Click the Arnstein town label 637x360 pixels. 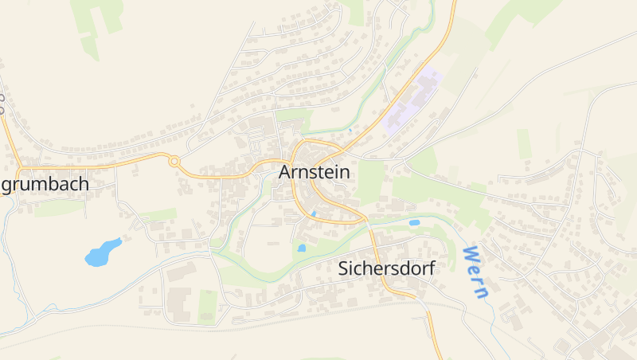click(x=314, y=171)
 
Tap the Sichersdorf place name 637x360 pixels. click(x=386, y=268)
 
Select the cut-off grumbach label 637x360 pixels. click(x=45, y=184)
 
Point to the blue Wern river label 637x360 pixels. click(x=475, y=272)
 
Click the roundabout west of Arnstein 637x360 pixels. click(x=174, y=161)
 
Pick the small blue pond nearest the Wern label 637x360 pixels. click(x=414, y=223)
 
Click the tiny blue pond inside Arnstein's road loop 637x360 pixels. click(x=314, y=213)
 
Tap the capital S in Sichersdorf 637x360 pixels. click(x=344, y=268)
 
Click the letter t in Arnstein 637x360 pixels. click(x=322, y=171)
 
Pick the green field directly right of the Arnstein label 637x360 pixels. click(x=370, y=182)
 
